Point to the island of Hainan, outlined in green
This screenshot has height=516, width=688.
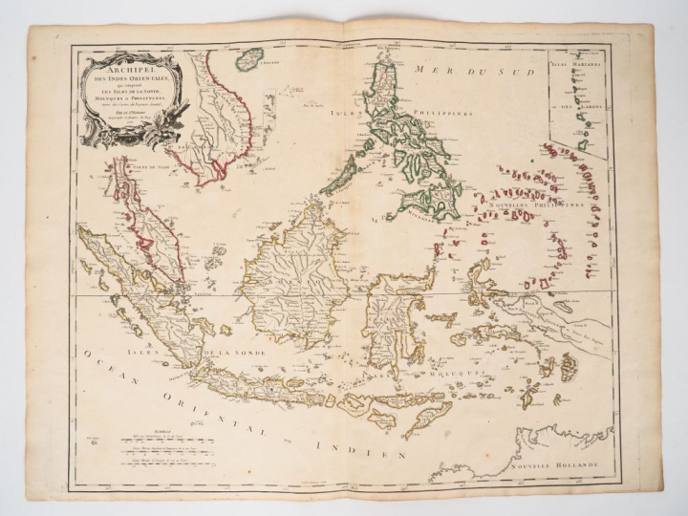click(x=249, y=60)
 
